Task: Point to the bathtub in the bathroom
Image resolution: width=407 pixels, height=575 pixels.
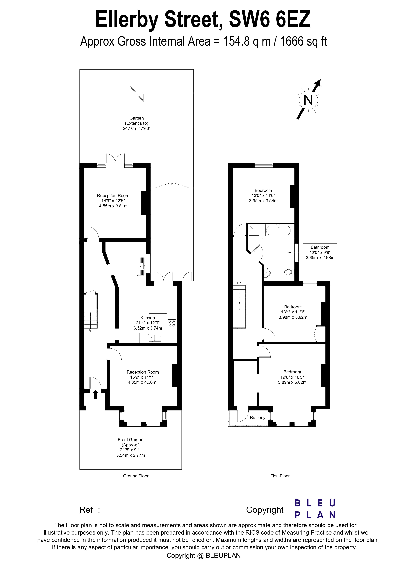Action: tap(278, 230)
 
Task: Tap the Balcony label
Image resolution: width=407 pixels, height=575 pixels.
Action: tap(257, 418)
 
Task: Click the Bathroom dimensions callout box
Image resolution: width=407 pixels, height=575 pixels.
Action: tap(320, 253)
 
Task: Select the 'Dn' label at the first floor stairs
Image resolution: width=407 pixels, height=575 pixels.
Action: tap(239, 283)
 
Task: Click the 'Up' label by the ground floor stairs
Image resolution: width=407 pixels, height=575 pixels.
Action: tap(90, 330)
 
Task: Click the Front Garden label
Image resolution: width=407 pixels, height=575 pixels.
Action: tap(130, 439)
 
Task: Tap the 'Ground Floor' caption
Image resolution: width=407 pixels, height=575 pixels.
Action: tap(136, 476)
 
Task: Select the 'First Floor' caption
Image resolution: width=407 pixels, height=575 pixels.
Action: tap(280, 476)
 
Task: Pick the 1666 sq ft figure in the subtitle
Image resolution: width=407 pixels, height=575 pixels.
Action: tap(303, 41)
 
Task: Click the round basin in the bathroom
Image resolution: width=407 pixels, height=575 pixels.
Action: tap(267, 272)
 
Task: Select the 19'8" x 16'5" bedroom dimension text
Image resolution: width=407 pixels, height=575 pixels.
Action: tap(292, 377)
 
